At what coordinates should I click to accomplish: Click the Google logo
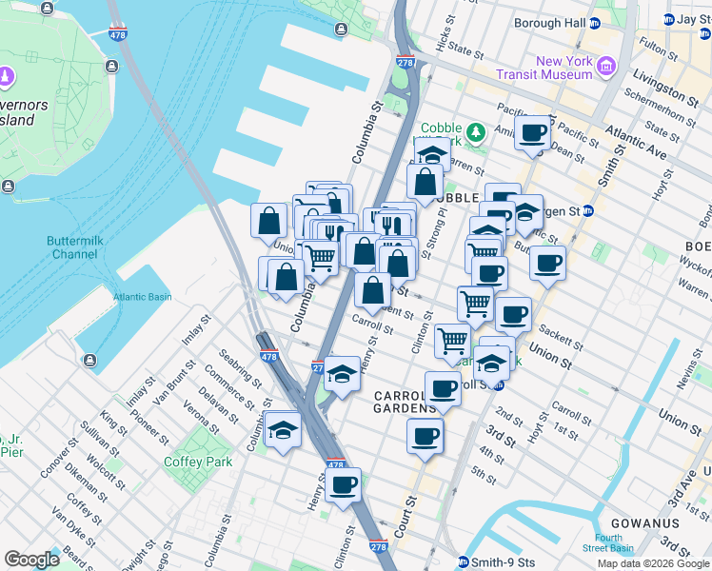[31, 560]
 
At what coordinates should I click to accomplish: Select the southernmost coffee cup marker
[343, 485]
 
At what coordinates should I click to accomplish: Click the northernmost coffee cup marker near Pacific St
[533, 132]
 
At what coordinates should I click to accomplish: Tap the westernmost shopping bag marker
[269, 221]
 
